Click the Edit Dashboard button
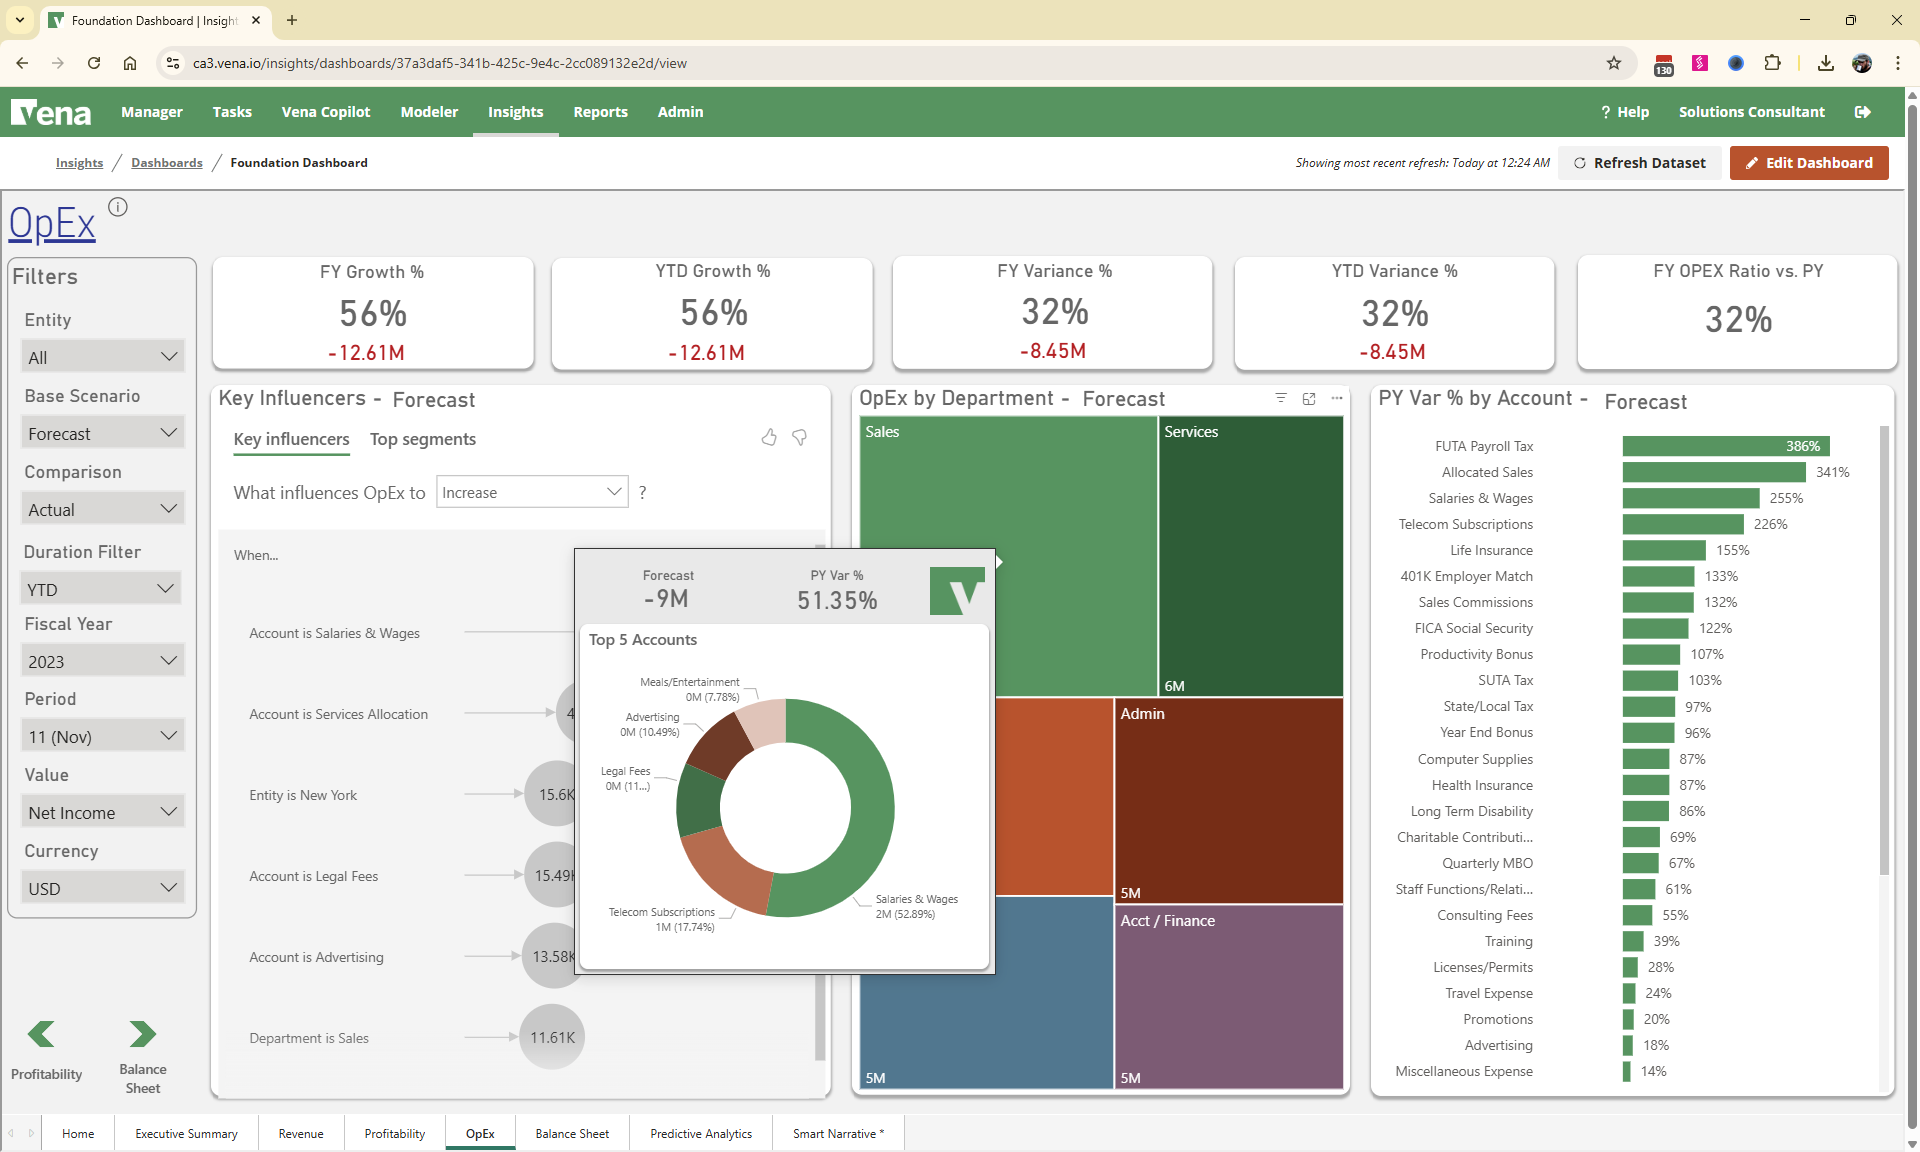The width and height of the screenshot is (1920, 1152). coord(1808,163)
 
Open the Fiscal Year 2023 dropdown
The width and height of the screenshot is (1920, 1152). coord(101,661)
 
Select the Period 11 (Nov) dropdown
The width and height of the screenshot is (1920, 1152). coord(101,736)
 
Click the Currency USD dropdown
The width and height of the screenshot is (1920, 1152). coord(101,888)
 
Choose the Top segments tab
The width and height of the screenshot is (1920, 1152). coord(422,439)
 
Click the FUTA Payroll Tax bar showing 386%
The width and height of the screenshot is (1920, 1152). coord(1725,446)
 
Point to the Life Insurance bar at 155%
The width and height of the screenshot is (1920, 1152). coord(1663,550)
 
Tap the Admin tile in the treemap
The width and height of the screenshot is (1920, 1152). coord(1228,800)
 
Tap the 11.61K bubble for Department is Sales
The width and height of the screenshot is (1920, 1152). coord(552,1037)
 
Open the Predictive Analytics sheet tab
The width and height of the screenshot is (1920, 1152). coord(700,1133)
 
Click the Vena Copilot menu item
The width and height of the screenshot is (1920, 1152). coord(325,112)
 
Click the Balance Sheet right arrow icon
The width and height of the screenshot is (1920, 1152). coord(142,1034)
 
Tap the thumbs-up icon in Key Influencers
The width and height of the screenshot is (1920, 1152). coord(768,437)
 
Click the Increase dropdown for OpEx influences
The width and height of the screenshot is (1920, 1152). coord(531,492)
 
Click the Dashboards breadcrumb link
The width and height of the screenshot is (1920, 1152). coord(166,163)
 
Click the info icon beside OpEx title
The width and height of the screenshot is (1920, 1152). coord(118,207)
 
